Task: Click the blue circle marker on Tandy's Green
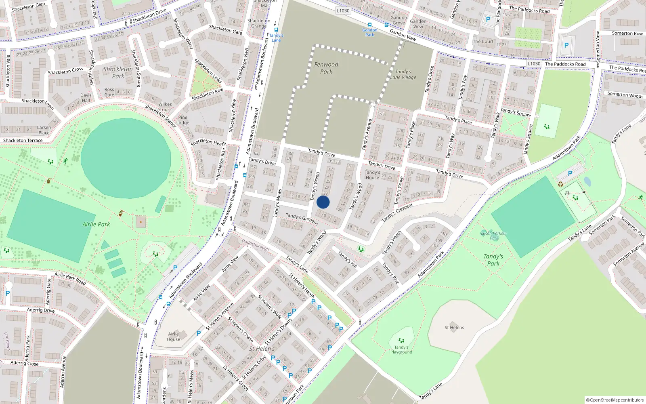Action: pos(323,202)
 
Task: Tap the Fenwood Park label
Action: pos(326,68)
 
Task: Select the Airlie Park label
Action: pos(96,224)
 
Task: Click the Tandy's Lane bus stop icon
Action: pos(276,30)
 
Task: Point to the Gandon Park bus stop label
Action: pos(369,32)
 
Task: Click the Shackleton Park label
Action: pos(118,72)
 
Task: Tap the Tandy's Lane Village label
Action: pos(403,74)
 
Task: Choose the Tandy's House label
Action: pos(372,175)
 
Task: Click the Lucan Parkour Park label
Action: pos(494,236)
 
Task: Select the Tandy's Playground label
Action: pos(401,349)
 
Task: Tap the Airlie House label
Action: pos(174,337)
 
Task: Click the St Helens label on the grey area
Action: pos(454,328)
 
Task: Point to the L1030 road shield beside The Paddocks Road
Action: pos(534,64)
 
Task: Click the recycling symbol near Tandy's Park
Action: pos(560,184)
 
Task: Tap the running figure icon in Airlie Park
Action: pos(65,161)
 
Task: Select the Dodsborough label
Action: pos(255,244)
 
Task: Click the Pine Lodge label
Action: pos(183,120)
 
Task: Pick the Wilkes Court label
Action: pos(165,107)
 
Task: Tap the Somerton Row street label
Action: pos(627,34)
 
